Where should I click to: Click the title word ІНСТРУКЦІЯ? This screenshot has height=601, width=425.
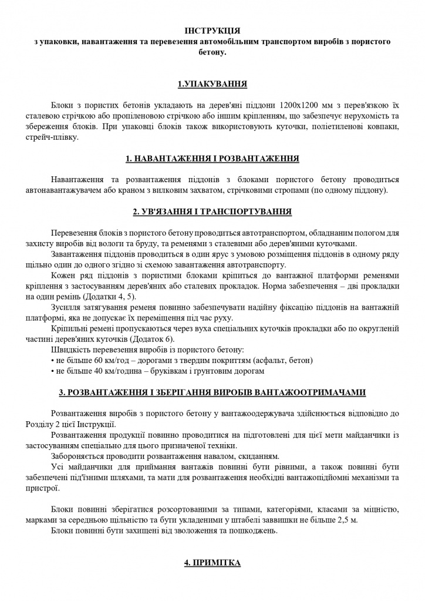tap(212, 30)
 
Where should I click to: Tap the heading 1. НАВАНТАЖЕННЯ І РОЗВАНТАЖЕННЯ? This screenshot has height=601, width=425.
tap(212, 159)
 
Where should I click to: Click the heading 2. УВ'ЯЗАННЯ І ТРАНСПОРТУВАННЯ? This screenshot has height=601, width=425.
tap(212, 211)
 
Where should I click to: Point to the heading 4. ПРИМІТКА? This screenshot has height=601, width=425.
tap(212, 562)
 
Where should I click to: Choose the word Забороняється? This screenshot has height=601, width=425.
tap(79, 457)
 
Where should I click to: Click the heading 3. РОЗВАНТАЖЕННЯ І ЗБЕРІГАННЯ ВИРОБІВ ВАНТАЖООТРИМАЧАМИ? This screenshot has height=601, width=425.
tap(212, 392)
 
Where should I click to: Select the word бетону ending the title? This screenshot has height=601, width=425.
tap(212, 52)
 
